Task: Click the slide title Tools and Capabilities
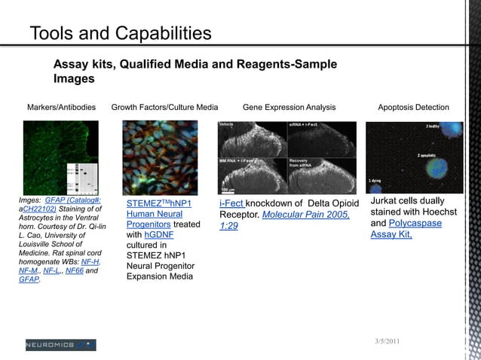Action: (x=120, y=33)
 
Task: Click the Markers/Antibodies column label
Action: (x=61, y=108)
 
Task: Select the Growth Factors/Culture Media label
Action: (x=164, y=108)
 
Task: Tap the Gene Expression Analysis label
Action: (x=289, y=108)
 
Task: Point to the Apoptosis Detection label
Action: (x=413, y=108)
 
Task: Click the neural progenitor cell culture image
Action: (x=160, y=158)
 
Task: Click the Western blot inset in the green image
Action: (x=84, y=175)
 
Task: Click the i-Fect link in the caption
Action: (x=231, y=204)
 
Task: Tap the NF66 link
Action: (x=75, y=270)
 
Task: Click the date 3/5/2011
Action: (x=388, y=343)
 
